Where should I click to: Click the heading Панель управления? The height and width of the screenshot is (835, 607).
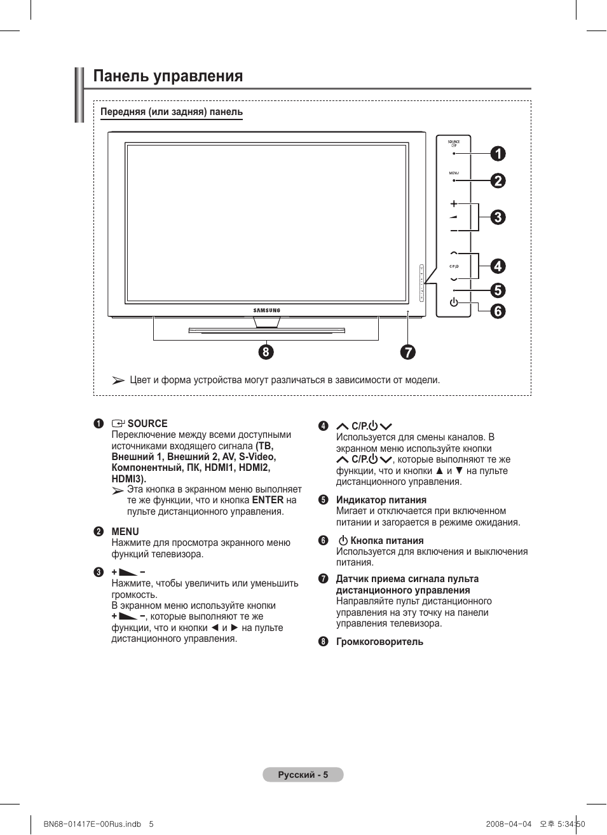tap(168, 76)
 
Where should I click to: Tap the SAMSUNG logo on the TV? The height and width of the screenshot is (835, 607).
tap(267, 311)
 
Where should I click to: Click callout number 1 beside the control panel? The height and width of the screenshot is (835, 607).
tap(498, 154)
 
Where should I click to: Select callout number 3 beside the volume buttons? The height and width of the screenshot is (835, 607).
tap(498, 217)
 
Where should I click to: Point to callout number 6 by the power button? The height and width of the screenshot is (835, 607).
tap(498, 311)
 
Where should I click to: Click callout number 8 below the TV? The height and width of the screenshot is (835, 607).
tap(266, 351)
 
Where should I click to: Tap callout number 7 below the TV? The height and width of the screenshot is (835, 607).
tap(407, 352)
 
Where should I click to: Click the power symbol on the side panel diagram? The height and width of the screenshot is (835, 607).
tap(454, 302)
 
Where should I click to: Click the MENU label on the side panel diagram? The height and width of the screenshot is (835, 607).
tap(454, 173)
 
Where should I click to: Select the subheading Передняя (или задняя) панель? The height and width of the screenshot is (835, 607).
tap(172, 112)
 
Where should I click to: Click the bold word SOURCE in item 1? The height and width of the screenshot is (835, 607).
tap(147, 424)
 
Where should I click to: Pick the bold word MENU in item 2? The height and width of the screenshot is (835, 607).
tap(125, 532)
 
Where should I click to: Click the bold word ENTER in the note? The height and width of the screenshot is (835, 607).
tap(268, 500)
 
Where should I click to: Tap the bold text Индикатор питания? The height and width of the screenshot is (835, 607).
tap(381, 500)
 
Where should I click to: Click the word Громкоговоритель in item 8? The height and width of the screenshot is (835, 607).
tap(379, 642)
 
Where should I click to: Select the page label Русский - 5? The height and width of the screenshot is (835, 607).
tap(303, 775)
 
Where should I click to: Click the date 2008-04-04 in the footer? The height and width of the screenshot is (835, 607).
tap(508, 824)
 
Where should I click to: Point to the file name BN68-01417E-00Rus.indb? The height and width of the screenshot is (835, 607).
tap(92, 824)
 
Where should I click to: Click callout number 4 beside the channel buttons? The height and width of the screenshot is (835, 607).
tap(498, 266)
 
